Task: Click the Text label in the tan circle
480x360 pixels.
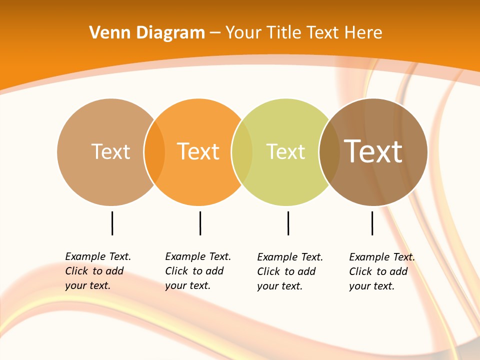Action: point(110,151)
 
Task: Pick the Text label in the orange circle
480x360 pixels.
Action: point(198,151)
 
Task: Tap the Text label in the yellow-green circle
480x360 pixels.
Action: point(285,151)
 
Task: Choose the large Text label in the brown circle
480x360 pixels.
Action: point(373,151)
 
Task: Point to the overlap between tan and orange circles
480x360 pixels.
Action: point(154,151)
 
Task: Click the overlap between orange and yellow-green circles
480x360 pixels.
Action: point(242,151)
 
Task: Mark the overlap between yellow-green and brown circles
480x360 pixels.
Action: point(329,151)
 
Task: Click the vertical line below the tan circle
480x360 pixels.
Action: point(112,223)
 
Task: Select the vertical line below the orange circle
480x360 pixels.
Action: point(200,223)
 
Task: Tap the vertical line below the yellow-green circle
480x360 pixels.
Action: point(288,223)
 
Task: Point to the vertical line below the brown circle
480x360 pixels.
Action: point(372,223)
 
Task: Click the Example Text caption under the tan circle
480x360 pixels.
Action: point(97,271)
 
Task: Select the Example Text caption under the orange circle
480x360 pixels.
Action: point(197,271)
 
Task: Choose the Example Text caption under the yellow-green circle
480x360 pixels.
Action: point(289,271)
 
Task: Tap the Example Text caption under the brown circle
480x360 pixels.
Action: point(381,271)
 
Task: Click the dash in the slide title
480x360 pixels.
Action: point(215,33)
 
